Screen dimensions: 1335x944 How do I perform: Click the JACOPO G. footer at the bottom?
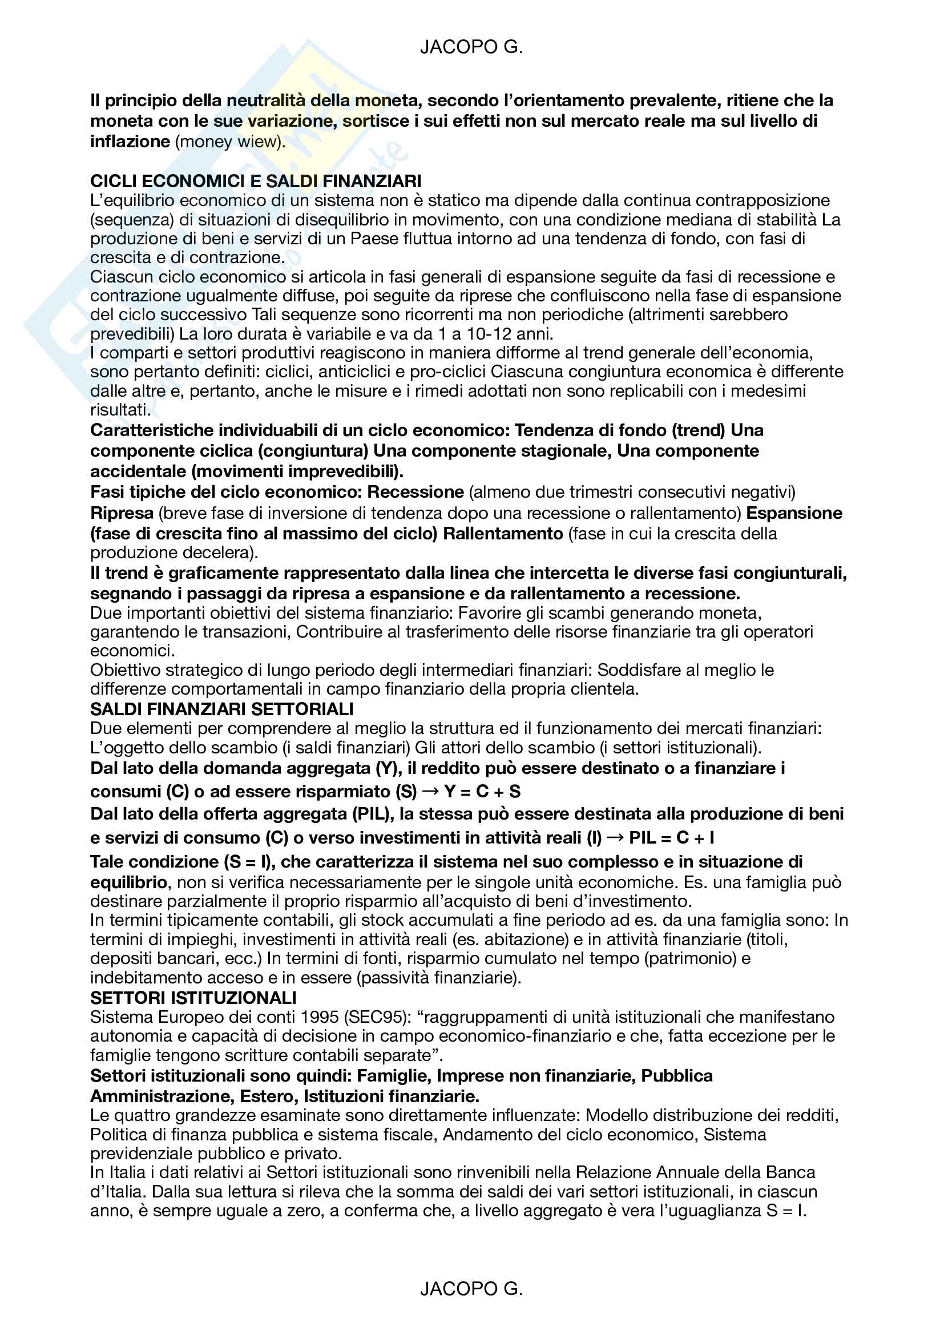471,1289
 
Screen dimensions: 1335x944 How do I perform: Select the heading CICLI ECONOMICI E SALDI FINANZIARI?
256,182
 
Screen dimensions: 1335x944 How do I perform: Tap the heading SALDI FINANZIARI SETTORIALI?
222,709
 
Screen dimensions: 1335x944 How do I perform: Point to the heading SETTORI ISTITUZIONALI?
193,998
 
